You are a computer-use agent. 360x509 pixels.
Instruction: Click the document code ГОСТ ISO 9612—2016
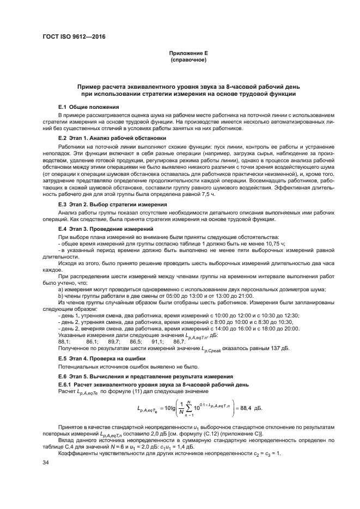[74, 36]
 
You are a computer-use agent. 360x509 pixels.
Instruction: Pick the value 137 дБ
[281, 348]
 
